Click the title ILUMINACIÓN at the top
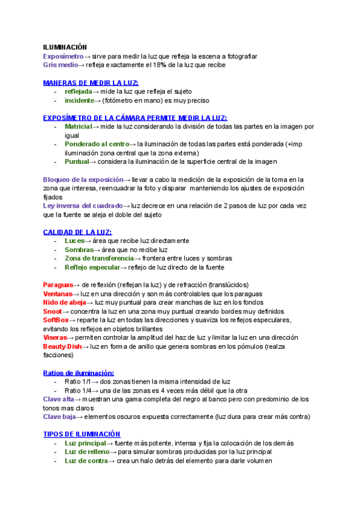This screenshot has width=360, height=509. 65,47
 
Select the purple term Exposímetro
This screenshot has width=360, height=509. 63,56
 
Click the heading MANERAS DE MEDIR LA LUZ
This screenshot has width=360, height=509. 91,82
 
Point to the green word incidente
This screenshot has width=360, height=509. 80,100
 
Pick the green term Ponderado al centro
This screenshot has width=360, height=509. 97,144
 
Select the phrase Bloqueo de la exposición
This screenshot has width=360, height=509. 82,179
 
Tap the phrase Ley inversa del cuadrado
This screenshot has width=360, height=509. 82,205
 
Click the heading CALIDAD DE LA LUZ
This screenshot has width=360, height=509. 77,232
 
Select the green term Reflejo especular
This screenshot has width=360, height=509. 93,267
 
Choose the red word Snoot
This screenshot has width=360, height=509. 52,312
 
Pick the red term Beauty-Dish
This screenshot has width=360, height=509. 62,346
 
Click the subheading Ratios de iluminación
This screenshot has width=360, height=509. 79,373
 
